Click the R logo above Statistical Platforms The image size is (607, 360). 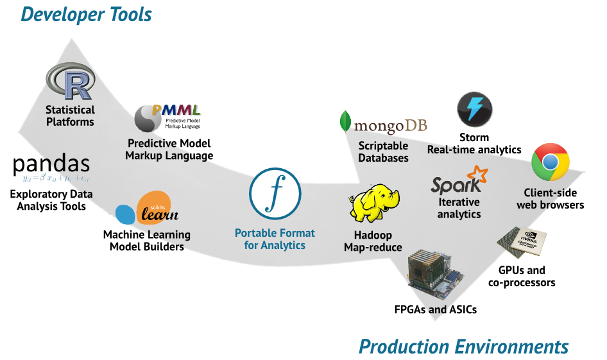pos(71,82)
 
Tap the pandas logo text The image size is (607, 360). pos(51,166)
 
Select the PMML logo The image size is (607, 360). pos(167,117)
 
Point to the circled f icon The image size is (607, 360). pos(275,191)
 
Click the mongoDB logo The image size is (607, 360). pos(383,124)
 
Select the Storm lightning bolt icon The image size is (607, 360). pos(474,108)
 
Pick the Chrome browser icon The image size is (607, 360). pos(551,162)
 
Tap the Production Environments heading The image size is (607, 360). pos(463,347)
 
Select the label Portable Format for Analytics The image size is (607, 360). pos(275,239)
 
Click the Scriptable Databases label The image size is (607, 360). pos(383,152)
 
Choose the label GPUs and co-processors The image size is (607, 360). pos(522,277)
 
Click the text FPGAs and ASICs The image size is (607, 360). pos(435,310)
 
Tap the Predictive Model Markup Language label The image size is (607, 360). pos(169,150)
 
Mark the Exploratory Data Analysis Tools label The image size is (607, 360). pos(51,200)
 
